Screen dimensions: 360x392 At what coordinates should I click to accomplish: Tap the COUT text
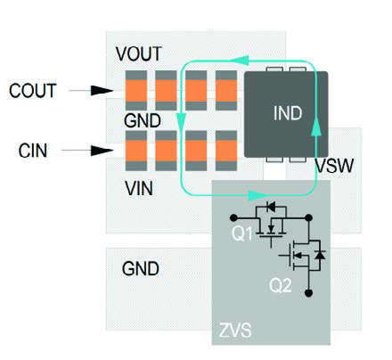(34, 91)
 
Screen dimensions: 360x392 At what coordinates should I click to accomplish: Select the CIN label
(34, 151)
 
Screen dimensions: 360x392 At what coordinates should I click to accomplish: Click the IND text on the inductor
(287, 115)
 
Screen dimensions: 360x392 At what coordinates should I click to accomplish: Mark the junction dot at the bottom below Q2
(308, 291)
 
